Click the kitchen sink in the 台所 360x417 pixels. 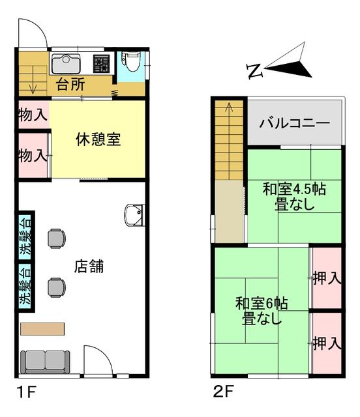point(66,64)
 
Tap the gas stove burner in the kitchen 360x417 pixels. point(101,64)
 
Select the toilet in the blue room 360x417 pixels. point(130,61)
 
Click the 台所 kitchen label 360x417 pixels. point(70,84)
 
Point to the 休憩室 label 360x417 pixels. point(98,139)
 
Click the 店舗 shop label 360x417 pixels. point(89,266)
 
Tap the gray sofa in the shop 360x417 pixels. point(45,362)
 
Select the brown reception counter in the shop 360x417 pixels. point(42,329)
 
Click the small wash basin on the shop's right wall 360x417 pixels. point(134,215)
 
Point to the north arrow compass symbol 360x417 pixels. point(288,62)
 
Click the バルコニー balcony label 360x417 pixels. point(295,123)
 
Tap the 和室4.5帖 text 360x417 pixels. point(294,190)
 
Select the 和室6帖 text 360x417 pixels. point(262,303)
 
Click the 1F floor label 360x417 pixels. point(26,392)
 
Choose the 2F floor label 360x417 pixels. point(223,392)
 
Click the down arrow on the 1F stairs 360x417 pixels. point(33,79)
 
